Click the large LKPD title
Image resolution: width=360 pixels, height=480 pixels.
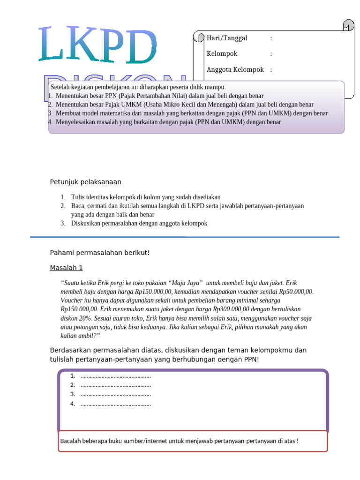pyautogui.click(x=97, y=45)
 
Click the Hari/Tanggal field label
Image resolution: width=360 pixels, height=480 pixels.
pyautogui.click(x=227, y=38)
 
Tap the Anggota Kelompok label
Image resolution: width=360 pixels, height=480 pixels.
pyautogui.click(x=235, y=70)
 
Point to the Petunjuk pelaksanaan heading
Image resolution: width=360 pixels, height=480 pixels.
pyautogui.click(x=85, y=182)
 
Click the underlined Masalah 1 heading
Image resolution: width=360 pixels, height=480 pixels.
pyautogui.click(x=66, y=268)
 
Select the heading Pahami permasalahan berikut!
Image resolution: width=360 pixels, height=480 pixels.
pyautogui.click(x=99, y=253)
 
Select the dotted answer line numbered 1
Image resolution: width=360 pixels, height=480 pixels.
pyautogui.click(x=115, y=376)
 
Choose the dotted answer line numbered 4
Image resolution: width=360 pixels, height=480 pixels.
pyautogui.click(x=115, y=404)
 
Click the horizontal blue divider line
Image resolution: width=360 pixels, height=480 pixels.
pyautogui.click(x=184, y=237)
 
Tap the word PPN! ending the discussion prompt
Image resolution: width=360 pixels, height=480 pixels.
pyautogui.click(x=251, y=360)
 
